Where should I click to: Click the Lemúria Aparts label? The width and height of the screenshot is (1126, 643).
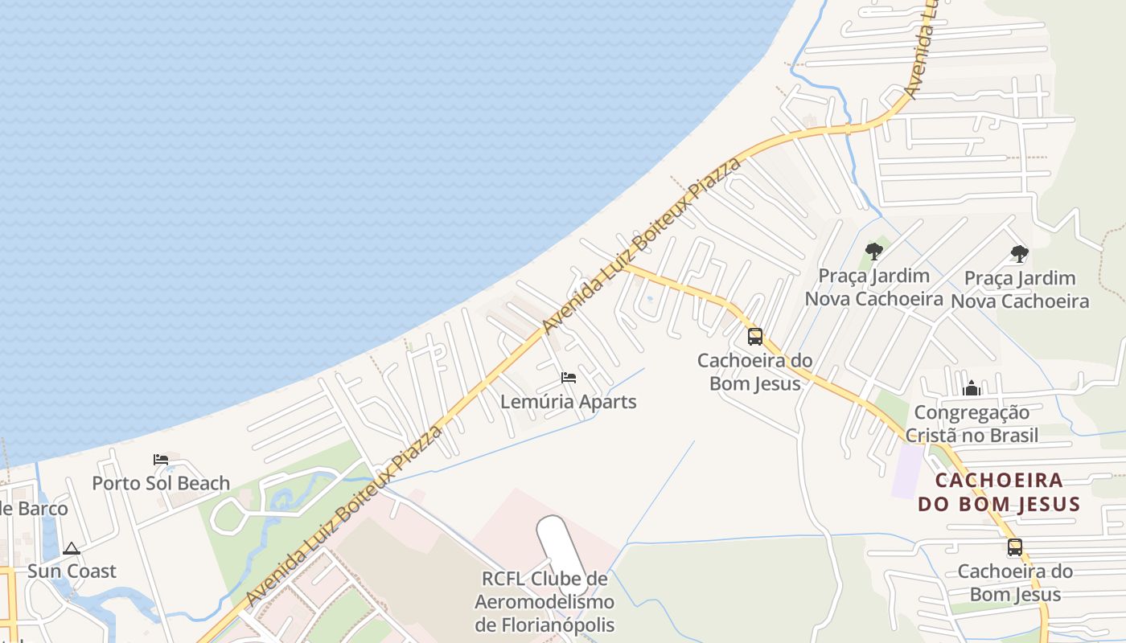(569, 402)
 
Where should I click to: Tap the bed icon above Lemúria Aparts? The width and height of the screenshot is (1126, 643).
(569, 377)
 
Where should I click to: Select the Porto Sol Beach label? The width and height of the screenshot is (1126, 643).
(161, 483)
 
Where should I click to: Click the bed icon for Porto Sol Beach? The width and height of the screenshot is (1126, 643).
(161, 460)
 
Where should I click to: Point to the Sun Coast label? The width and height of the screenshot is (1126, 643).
(72, 571)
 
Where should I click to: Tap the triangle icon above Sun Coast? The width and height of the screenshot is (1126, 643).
(72, 549)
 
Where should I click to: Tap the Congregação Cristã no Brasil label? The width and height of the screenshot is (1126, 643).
(972, 424)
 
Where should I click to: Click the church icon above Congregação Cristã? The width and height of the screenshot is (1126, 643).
(972, 390)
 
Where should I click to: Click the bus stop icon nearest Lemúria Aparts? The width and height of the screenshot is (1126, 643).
(754, 337)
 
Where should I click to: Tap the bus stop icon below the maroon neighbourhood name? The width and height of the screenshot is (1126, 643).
(1015, 547)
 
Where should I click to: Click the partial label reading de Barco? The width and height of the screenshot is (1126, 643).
(34, 509)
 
